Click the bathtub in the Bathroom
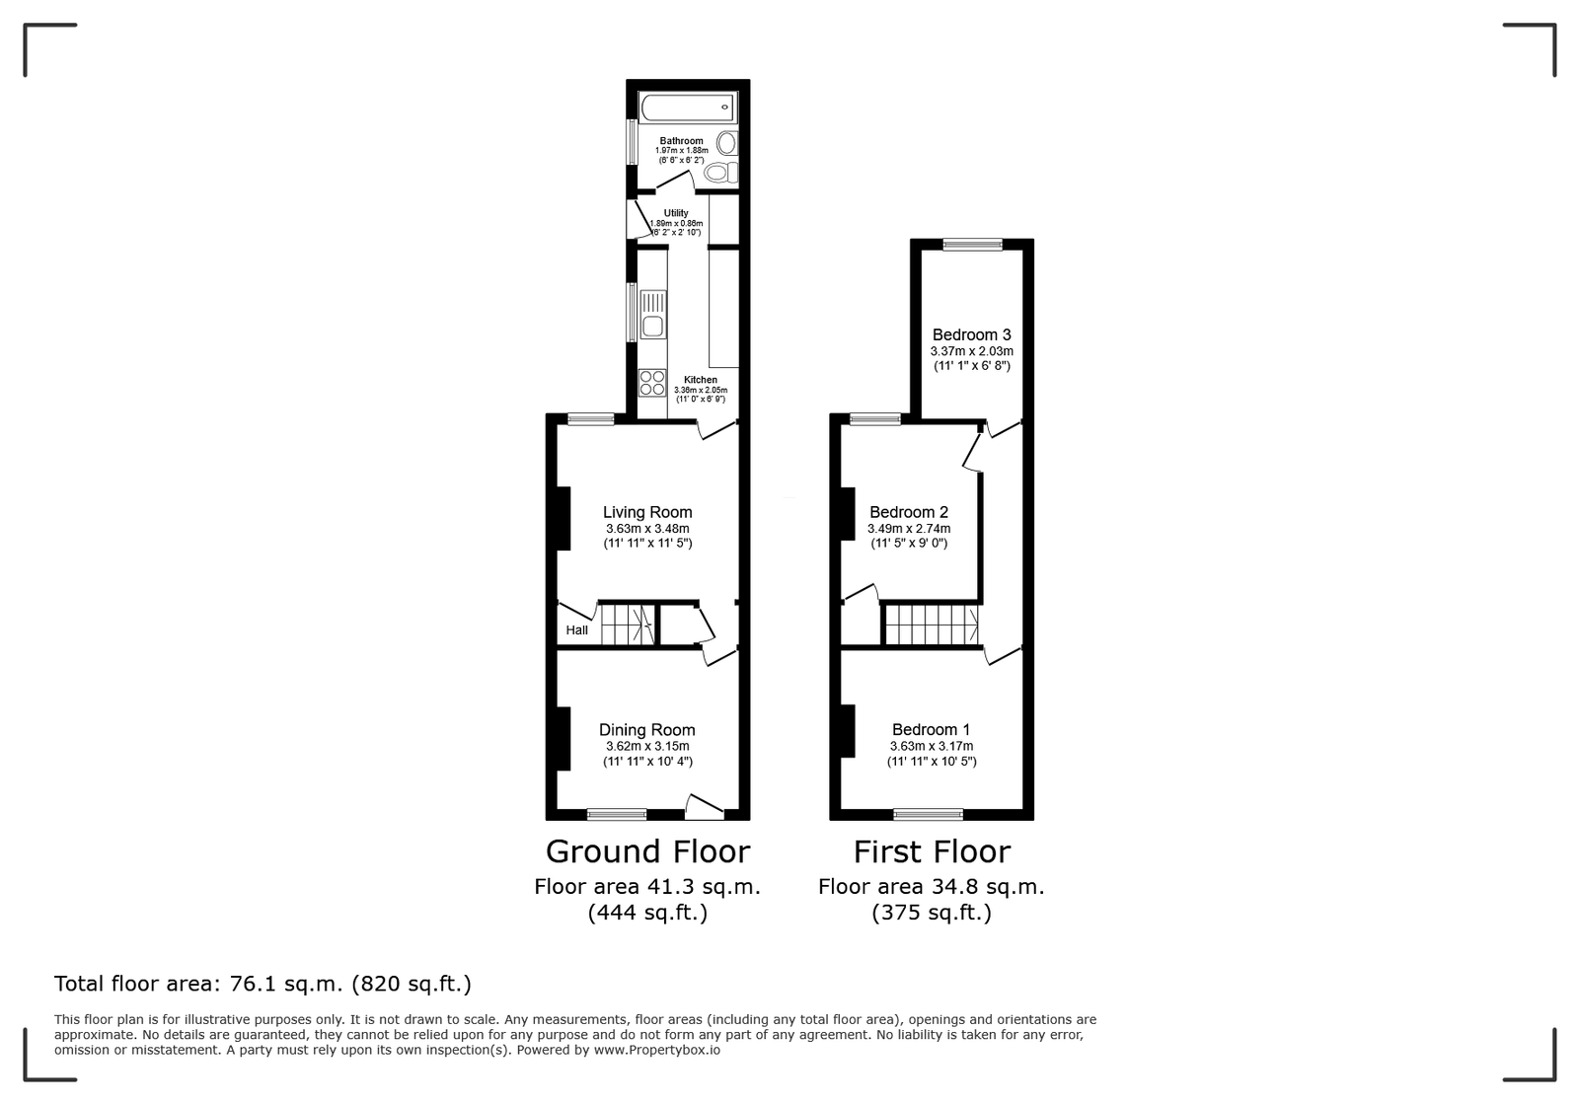tap(688, 108)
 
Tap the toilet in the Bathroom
tap(721, 172)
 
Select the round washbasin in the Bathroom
tap(726, 143)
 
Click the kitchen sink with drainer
tap(653, 314)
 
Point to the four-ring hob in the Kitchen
tap(652, 383)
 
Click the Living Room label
tap(647, 512)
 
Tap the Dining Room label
tap(647, 730)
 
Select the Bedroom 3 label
tap(971, 334)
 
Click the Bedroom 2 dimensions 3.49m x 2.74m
tap(909, 529)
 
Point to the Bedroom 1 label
tap(932, 730)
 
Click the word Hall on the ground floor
tap(576, 630)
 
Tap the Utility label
tap(676, 213)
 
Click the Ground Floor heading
tap(647, 851)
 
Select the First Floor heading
tap(932, 851)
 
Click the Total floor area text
tap(263, 984)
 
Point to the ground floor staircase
tap(628, 625)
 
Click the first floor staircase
tap(932, 625)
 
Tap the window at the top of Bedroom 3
tap(973, 245)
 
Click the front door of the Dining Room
tap(705, 807)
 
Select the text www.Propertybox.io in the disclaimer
tap(657, 1050)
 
